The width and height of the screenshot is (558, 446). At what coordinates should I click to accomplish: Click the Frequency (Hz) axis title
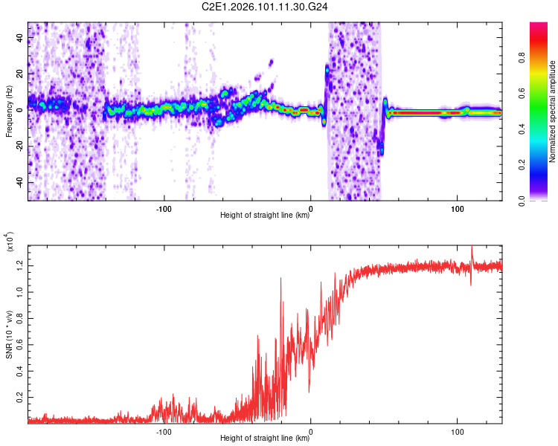click(9, 111)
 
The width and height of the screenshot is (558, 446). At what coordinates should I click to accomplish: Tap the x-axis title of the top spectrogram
click(264, 216)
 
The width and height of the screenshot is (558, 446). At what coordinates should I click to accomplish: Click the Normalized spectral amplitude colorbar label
click(553, 111)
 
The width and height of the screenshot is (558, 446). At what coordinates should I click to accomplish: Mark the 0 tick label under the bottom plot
click(311, 430)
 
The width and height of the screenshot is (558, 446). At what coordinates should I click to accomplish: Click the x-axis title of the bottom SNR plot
click(264, 439)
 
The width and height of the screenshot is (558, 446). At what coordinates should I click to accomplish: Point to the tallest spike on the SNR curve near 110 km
click(472, 247)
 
